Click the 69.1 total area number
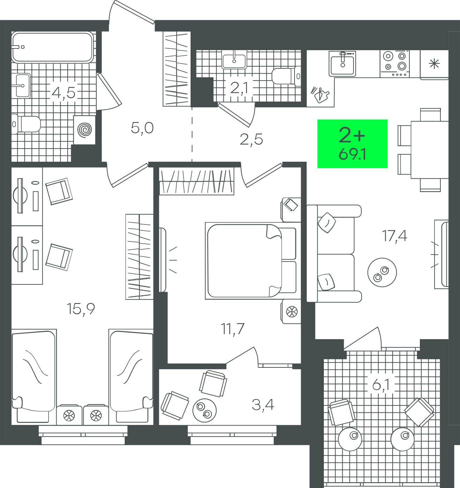tap(352, 154)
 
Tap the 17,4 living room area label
tap(394, 235)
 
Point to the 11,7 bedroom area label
tap(232, 329)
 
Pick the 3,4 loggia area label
tap(263, 405)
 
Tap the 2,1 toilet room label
tap(239, 88)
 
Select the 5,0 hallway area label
tap(142, 128)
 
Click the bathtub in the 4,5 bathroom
tap(52, 47)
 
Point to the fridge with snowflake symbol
tap(434, 64)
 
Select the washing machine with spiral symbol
tap(84, 130)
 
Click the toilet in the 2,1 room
tap(286, 76)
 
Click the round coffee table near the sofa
tap(382, 272)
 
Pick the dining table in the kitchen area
tap(430, 150)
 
